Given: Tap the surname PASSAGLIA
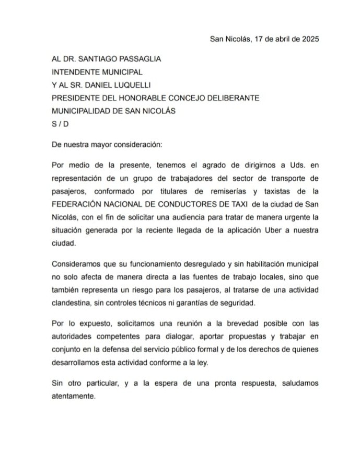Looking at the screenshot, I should coord(132,59).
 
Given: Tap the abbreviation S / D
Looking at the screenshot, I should coord(60,124).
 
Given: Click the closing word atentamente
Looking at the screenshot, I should coord(74,396).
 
